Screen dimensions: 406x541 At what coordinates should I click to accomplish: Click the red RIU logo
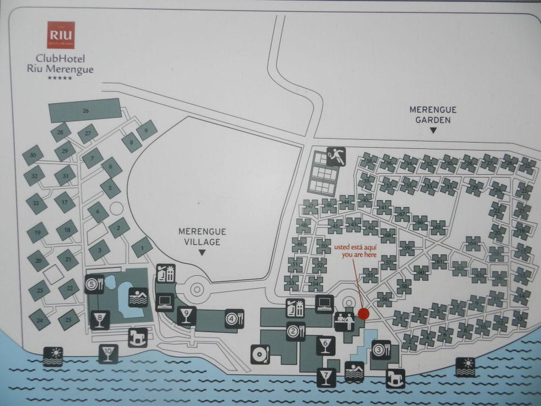[61, 35]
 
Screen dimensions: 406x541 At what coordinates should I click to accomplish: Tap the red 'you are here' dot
[363, 314]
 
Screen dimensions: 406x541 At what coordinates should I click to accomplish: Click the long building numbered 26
[86, 111]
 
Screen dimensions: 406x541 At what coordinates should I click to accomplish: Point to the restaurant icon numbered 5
[94, 284]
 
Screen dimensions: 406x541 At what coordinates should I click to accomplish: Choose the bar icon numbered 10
[108, 354]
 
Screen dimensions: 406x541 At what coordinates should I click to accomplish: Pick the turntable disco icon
[260, 354]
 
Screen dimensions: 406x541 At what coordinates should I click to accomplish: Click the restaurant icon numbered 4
[233, 319]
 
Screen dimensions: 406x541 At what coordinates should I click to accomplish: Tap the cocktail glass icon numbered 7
[326, 377]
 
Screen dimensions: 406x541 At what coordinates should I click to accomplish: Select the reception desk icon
[344, 321]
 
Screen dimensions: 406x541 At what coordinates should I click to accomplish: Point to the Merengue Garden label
[433, 114]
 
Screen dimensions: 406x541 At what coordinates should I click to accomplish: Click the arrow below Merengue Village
[202, 254]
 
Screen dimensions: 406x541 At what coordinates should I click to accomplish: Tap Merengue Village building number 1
[142, 247]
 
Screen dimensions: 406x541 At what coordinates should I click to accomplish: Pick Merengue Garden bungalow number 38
[369, 162]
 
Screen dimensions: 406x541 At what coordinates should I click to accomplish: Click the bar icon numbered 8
[100, 320]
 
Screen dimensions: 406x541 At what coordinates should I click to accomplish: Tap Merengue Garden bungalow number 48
[305, 225]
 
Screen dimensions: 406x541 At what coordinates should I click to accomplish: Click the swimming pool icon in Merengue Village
[138, 297]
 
